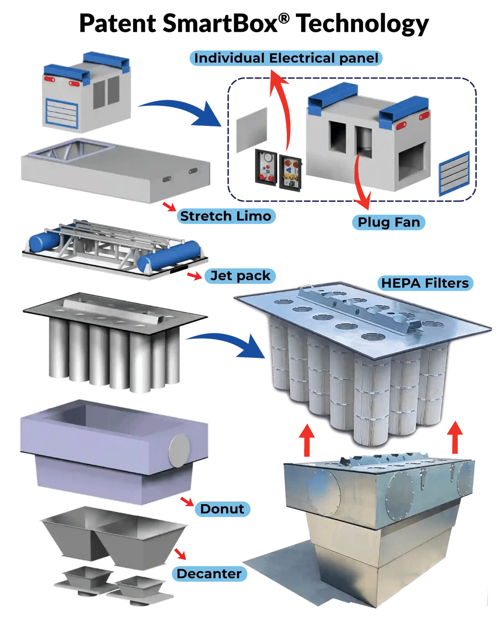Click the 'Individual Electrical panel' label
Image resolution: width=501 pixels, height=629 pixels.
coord(286,58)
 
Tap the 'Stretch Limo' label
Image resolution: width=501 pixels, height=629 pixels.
coord(226,216)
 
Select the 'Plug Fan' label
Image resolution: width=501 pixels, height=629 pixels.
coord(389,222)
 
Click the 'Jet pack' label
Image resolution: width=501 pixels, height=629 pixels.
coord(240,275)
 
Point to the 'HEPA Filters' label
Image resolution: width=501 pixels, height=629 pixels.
coord(425,283)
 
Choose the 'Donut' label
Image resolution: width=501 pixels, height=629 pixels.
coord(222,509)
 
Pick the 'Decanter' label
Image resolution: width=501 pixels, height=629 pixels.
coord(209,574)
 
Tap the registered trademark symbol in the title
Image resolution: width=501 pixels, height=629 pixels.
coord(284,18)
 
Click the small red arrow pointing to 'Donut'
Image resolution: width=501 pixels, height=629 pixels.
coord(187,502)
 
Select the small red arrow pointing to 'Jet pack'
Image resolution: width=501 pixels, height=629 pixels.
coord(194,275)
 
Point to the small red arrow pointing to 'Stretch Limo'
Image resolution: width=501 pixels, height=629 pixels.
coord(169,206)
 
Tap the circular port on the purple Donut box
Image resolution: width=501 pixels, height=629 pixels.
coord(179,451)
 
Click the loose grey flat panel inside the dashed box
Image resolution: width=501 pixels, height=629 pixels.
coord(252,130)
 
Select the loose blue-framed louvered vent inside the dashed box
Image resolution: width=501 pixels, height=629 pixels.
coord(454,173)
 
